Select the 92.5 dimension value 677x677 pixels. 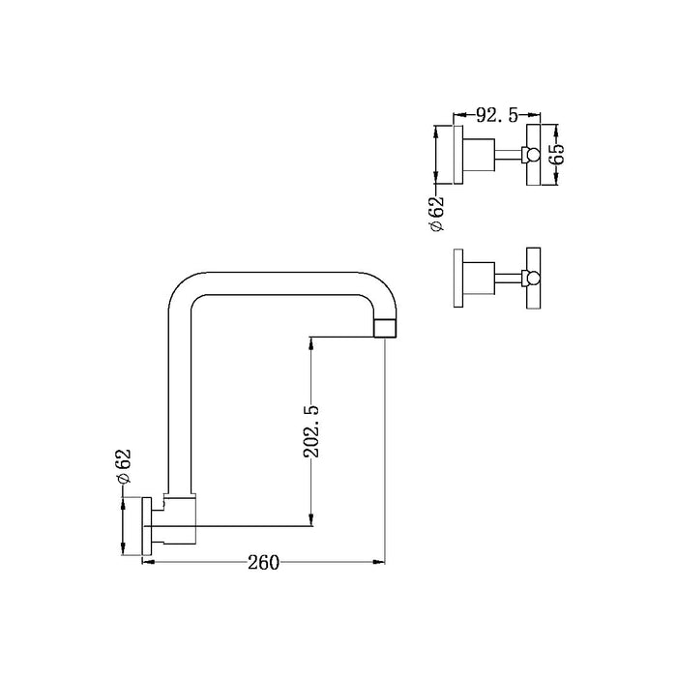(x=493, y=116)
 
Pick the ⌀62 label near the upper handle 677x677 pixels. (x=437, y=212)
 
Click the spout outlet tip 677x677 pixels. (x=385, y=327)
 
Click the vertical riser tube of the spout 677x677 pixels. (x=180, y=406)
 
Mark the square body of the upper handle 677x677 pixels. (x=480, y=154)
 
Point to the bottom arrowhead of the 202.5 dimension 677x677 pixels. (x=310, y=523)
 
